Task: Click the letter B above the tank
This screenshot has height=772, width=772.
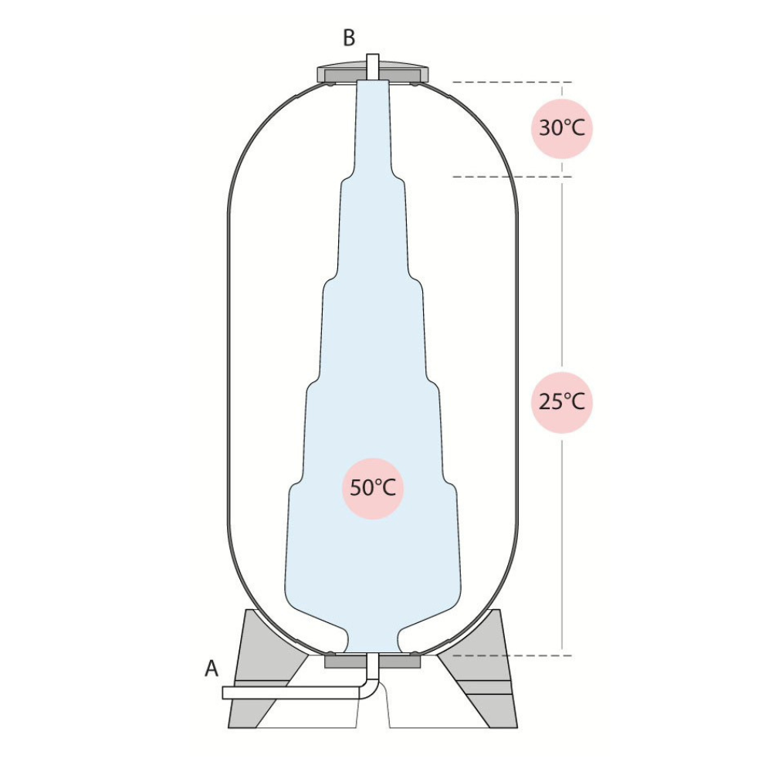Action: tap(349, 38)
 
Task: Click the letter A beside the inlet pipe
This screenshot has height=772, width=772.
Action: tap(212, 669)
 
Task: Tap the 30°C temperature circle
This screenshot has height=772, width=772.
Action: tap(562, 128)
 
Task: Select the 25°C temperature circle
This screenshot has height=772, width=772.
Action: tap(562, 403)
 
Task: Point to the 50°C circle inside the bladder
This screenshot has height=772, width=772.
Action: tap(373, 489)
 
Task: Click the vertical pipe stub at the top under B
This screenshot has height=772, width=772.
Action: tap(373, 67)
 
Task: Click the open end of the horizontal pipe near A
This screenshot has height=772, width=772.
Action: tap(224, 692)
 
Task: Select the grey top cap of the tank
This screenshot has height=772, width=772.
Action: tap(373, 73)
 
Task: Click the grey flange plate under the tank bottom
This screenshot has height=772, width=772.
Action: tap(373, 660)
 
